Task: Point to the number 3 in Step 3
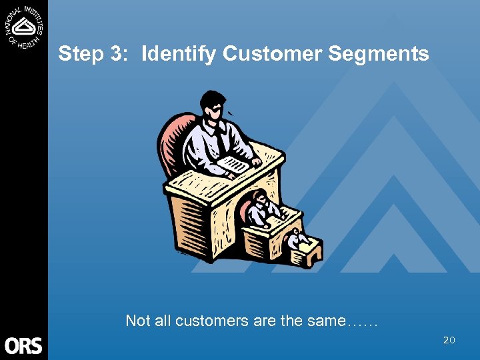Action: coord(117,53)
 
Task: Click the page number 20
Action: coord(449,341)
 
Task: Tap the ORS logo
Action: coord(23,345)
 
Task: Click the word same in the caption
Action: coord(326,321)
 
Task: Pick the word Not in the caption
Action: coord(138,321)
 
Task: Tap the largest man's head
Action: coord(213,107)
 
